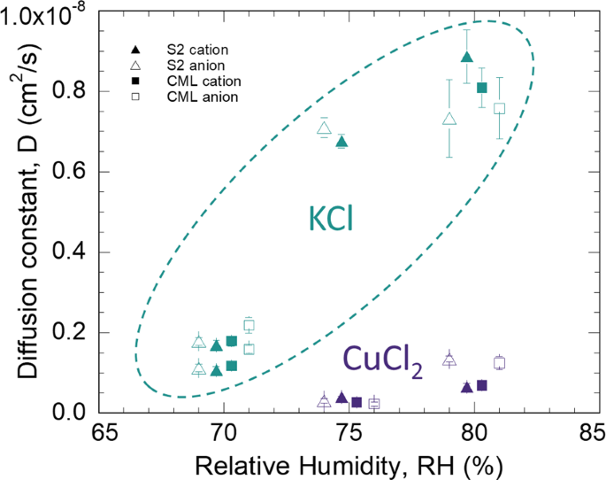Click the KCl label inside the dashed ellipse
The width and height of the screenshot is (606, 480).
pyautogui.click(x=331, y=218)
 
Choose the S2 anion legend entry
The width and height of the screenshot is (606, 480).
pyautogui.click(x=174, y=65)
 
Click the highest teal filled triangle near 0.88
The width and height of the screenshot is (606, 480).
pyautogui.click(x=467, y=57)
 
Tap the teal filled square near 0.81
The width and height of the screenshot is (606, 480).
pyautogui.click(x=482, y=88)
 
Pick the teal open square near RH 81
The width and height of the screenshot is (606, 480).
pyautogui.click(x=500, y=108)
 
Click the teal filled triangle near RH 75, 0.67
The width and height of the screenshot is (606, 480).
pyautogui.click(x=341, y=141)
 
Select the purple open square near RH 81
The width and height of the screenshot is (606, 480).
pyautogui.click(x=500, y=363)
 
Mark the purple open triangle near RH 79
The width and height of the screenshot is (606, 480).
pyautogui.click(x=449, y=359)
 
